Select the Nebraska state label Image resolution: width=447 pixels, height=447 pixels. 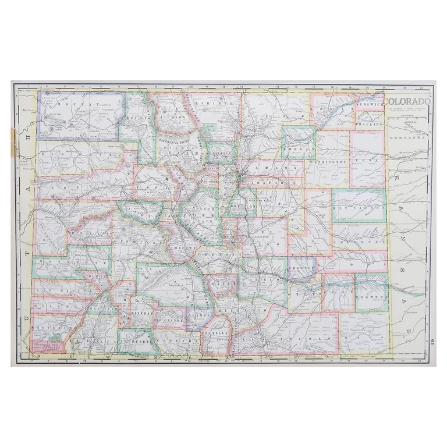[408, 140]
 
